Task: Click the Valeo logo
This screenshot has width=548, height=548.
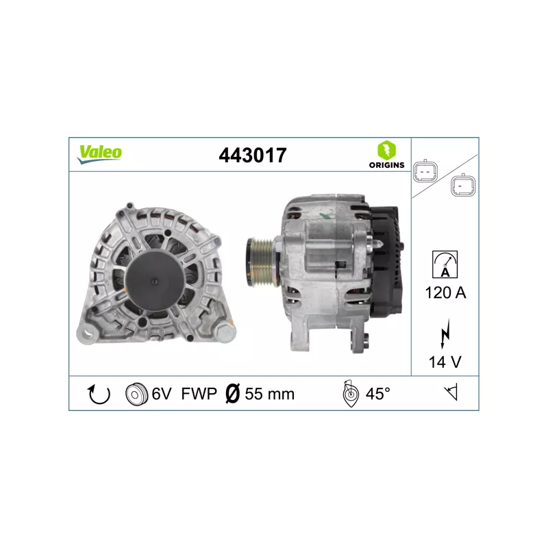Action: pyautogui.click(x=99, y=153)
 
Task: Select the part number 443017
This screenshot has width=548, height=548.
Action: pyautogui.click(x=252, y=155)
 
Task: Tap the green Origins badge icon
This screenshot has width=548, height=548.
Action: pyautogui.click(x=386, y=151)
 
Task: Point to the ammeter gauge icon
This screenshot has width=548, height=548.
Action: pyautogui.click(x=445, y=264)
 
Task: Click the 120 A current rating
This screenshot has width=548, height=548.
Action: pyautogui.click(x=445, y=293)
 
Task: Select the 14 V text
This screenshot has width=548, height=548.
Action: pyautogui.click(x=445, y=362)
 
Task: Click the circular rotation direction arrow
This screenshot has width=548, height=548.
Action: pyautogui.click(x=100, y=394)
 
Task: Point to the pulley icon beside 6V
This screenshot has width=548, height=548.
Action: pyautogui.click(x=138, y=394)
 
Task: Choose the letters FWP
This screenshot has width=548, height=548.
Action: pyautogui.click(x=199, y=394)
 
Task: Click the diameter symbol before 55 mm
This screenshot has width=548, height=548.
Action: pyautogui.click(x=232, y=394)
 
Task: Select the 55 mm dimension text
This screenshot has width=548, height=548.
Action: pyautogui.click(x=269, y=394)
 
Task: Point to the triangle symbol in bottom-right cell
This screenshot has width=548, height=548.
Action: pyautogui.click(x=451, y=393)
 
